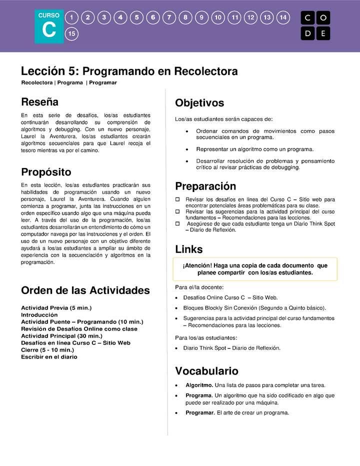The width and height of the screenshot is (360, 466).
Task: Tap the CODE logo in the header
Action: pyautogui.click(x=315, y=25)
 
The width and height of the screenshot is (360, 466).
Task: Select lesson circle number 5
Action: pyautogui.click(x=136, y=17)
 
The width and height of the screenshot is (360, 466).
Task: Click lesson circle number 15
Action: pyautogui.click(x=72, y=34)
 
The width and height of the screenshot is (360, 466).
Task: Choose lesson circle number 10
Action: pyautogui.click(x=218, y=17)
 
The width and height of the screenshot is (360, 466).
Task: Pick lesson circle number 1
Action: pyautogui.click(x=72, y=17)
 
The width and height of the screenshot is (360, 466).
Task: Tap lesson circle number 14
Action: pyautogui.click(x=283, y=17)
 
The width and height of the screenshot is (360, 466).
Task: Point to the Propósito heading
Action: pyautogui.click(x=46, y=172)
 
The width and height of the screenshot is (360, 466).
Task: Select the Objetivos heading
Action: pyautogui.click(x=199, y=103)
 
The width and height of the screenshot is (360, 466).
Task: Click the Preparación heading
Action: pyautogui.click(x=205, y=186)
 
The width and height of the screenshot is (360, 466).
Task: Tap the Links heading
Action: pyautogui.click(x=188, y=249)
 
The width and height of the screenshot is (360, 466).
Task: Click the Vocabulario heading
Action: pyautogui.click(x=206, y=371)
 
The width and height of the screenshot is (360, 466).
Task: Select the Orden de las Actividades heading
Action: pyautogui.click(x=85, y=290)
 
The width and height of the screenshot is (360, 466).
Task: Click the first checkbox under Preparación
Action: pyautogui.click(x=177, y=199)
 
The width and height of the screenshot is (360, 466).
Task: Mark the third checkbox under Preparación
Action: pyautogui.click(x=177, y=224)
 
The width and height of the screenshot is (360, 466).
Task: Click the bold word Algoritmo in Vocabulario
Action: pyautogui.click(x=199, y=385)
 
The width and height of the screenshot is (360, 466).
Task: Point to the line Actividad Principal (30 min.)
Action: pyautogui.click(x=61, y=336)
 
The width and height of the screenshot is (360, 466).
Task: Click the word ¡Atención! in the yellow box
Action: pyautogui.click(x=197, y=265)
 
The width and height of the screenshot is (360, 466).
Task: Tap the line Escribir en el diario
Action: pyautogui.click(x=49, y=357)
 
